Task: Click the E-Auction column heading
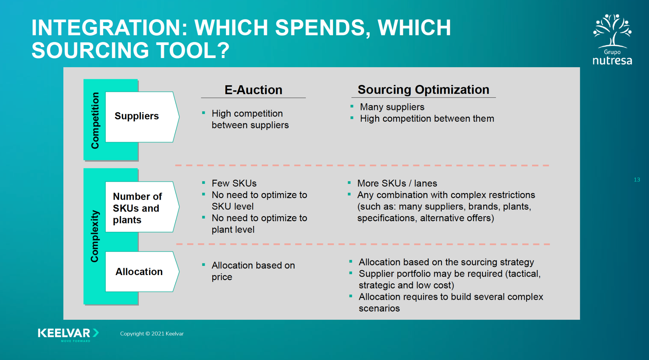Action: (x=253, y=90)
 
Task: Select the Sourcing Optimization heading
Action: (x=423, y=90)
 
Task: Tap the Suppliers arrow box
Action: (x=139, y=116)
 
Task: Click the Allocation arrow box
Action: (x=139, y=272)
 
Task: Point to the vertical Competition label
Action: (x=95, y=120)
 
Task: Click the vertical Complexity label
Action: (x=95, y=236)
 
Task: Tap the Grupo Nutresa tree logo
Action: (x=612, y=32)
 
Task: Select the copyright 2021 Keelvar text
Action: (x=152, y=334)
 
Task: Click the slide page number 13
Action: (x=637, y=180)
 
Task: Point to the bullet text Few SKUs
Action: (x=234, y=183)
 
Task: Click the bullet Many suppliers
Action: (x=392, y=107)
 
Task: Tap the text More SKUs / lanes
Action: (x=397, y=183)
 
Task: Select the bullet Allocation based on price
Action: (x=253, y=271)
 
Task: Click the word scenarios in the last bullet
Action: (x=379, y=308)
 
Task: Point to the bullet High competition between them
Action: (x=427, y=119)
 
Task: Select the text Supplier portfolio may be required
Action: (x=430, y=273)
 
